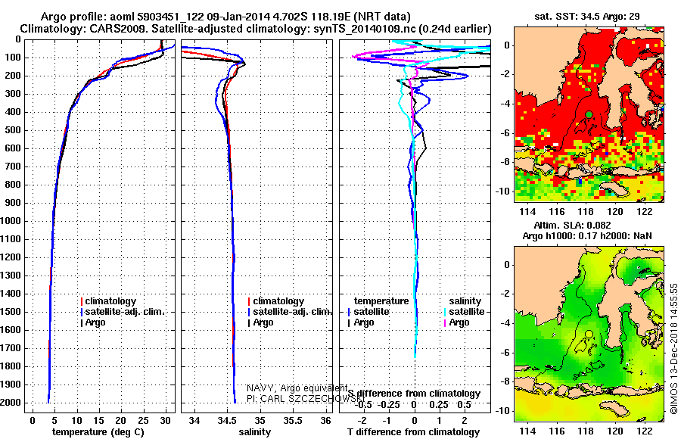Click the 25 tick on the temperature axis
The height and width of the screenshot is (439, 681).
pyautogui.click(x=141, y=419)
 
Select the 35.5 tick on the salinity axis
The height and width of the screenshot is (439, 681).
pyautogui.click(x=293, y=419)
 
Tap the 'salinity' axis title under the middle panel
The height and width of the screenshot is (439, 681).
pyautogui.click(x=254, y=431)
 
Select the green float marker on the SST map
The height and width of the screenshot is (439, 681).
pyautogui.click(x=589, y=114)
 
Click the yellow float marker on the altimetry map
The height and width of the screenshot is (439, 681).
pyautogui.click(x=589, y=334)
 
